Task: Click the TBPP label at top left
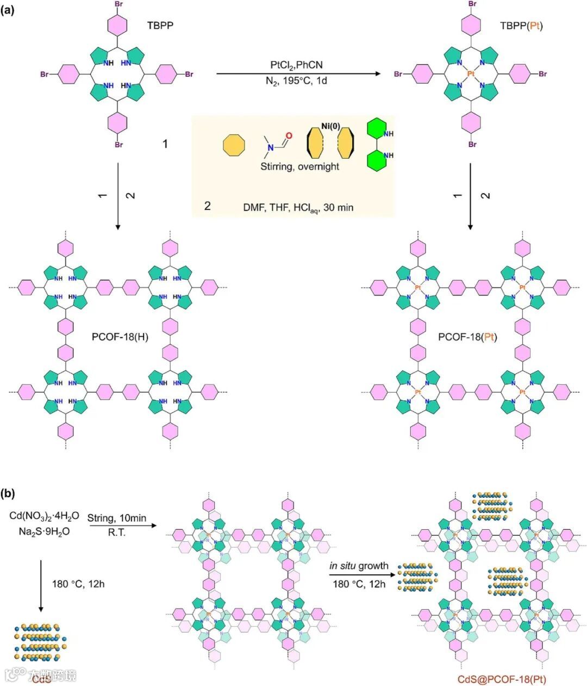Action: click(160, 25)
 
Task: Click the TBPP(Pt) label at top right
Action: click(521, 26)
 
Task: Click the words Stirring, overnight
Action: click(299, 166)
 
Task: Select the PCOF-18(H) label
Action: click(120, 337)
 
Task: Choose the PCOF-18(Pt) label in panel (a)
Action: click(468, 337)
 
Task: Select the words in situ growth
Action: click(359, 566)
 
